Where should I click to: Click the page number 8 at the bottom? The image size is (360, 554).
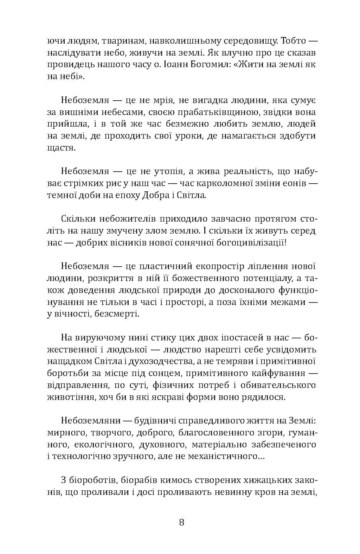[181, 522]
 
